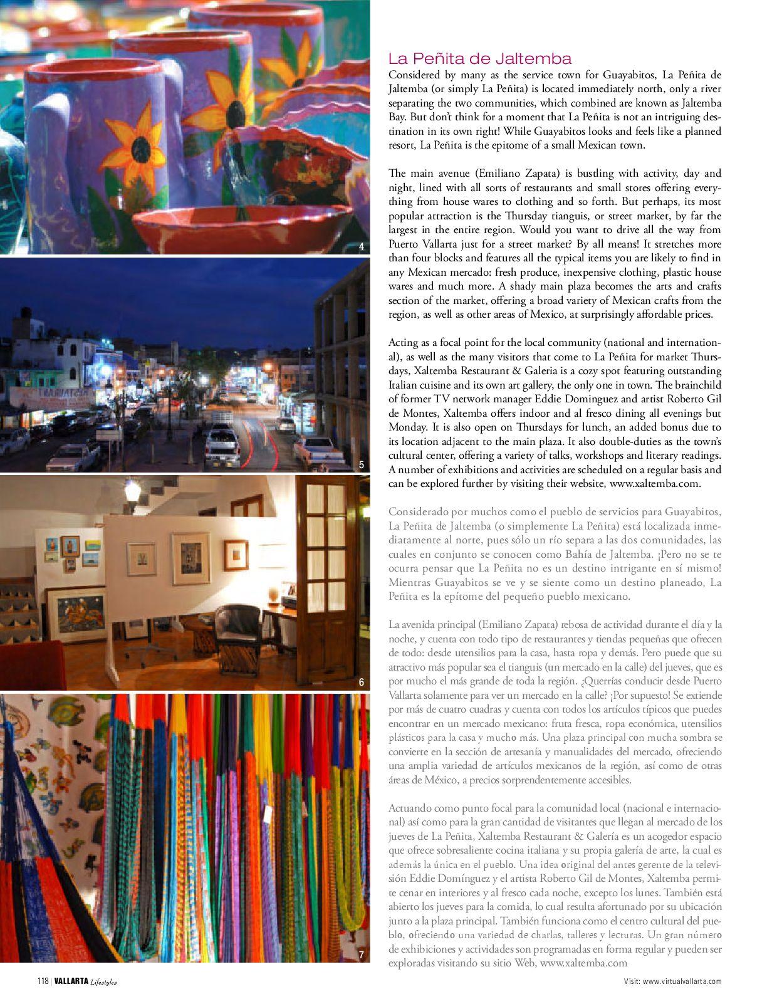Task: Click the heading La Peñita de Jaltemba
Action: pyautogui.click(x=479, y=59)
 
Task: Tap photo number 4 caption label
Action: pyautogui.click(x=362, y=247)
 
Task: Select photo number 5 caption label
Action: pyautogui.click(x=362, y=464)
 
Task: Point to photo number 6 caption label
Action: pyautogui.click(x=362, y=683)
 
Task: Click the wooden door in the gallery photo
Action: pyautogui.click(x=326, y=577)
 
